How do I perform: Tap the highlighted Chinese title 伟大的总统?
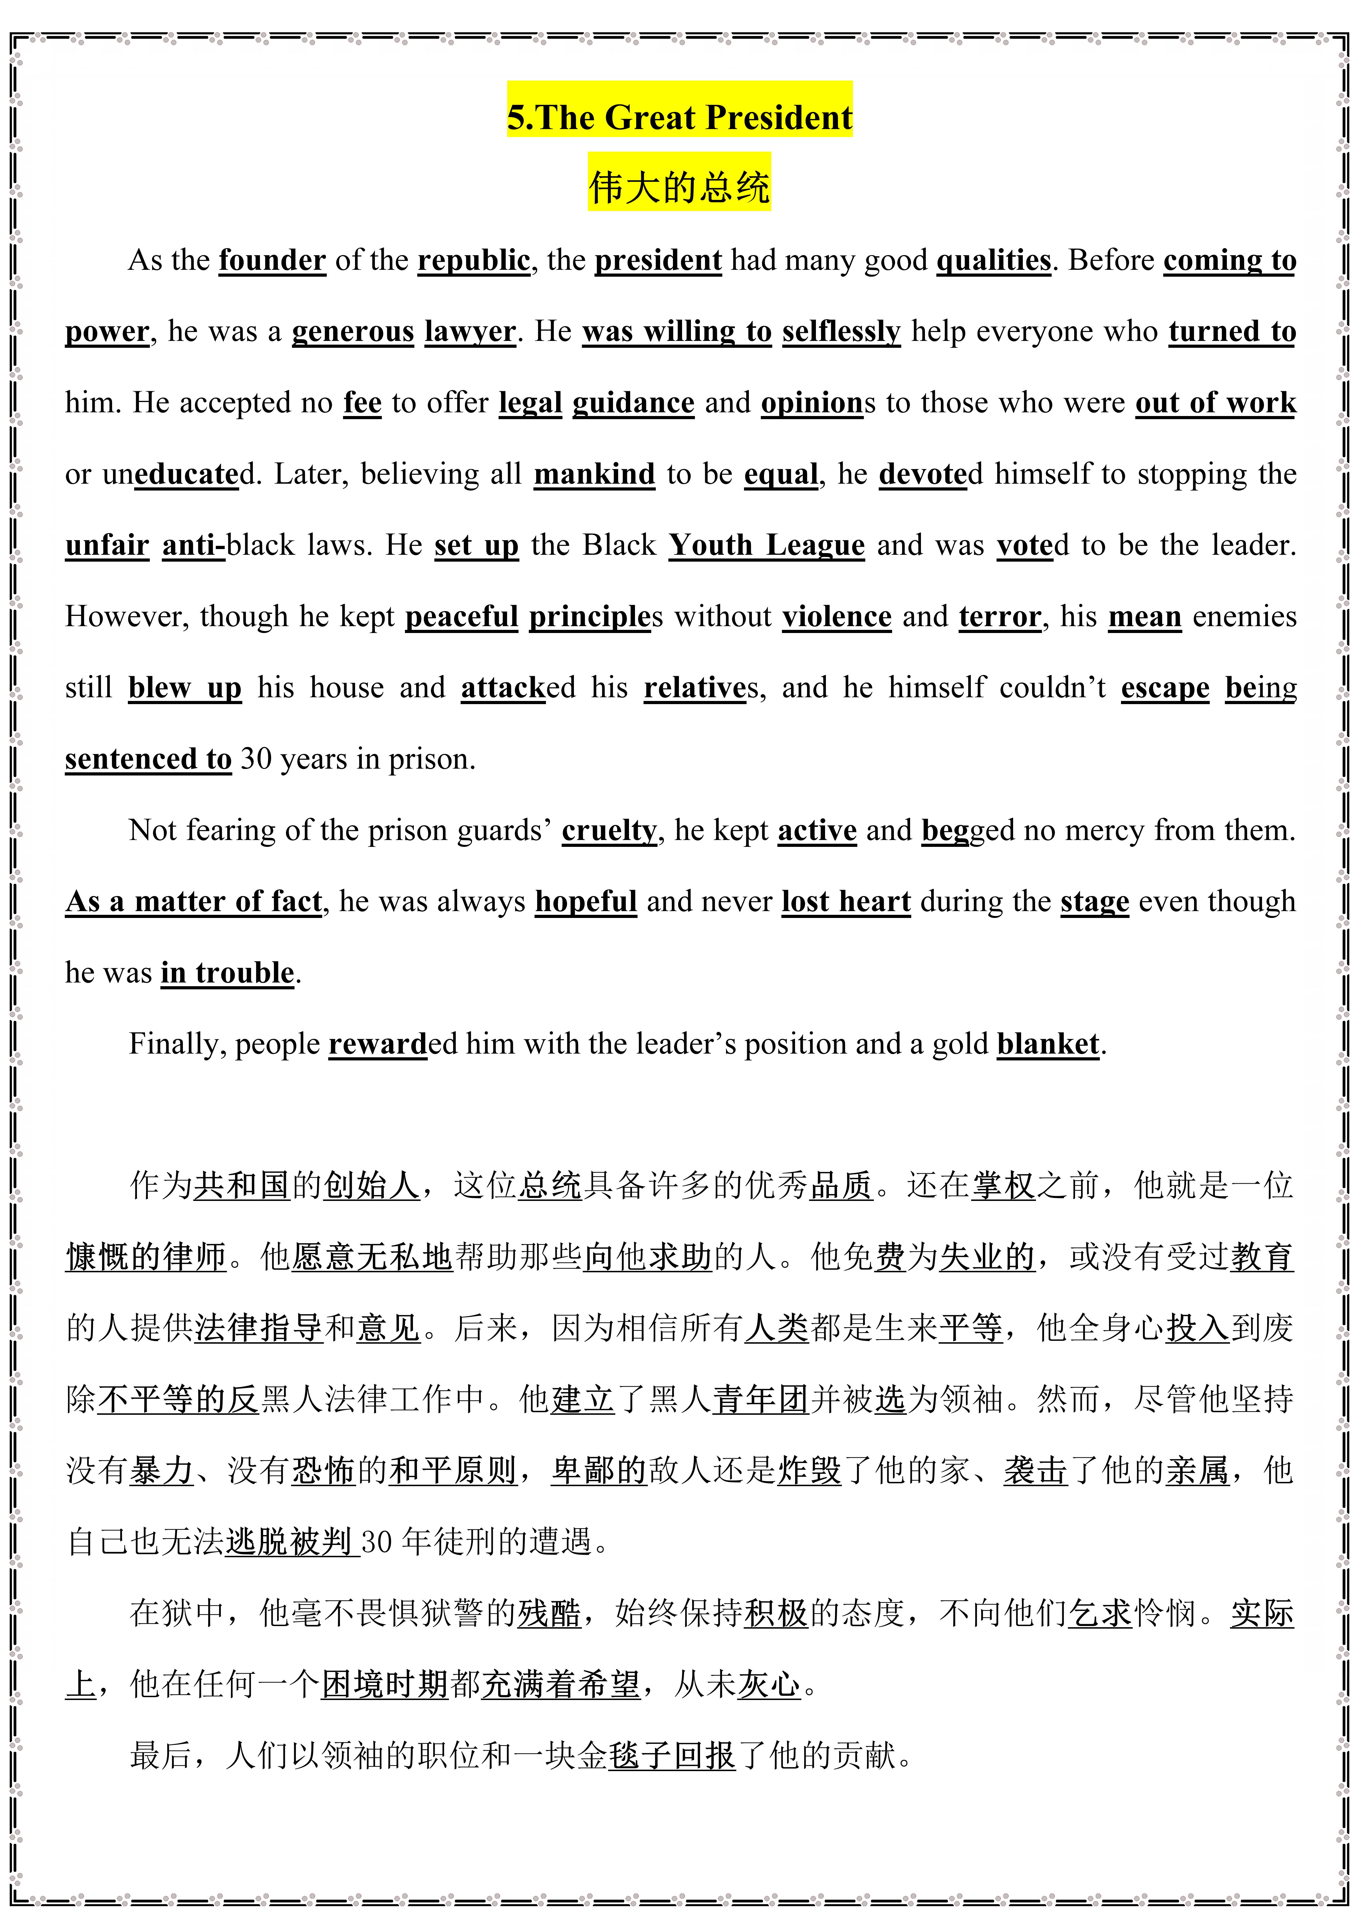679,186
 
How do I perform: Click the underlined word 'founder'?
272,260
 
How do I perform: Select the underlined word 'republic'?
474,260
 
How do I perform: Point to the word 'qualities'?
993,260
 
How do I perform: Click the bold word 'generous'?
352,332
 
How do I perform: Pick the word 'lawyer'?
470,332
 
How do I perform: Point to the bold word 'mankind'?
594,474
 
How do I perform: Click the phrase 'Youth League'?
766,545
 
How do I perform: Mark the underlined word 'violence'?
836,616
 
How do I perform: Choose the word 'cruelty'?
609,830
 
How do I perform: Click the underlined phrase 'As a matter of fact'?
193,901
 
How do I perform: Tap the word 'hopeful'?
586,901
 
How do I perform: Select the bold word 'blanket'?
1048,1044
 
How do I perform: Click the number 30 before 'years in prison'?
255,759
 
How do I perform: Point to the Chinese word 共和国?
242,1185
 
